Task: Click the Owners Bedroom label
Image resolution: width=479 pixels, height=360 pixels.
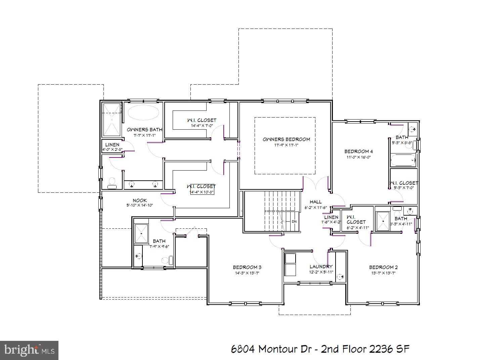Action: pos(286,139)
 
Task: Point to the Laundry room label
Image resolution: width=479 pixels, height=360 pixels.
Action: pos(321,267)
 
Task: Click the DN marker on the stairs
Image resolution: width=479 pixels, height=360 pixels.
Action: pos(294,222)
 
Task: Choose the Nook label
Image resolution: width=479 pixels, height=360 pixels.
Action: pos(140,200)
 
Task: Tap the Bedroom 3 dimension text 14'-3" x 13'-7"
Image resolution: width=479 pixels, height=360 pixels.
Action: pos(247,273)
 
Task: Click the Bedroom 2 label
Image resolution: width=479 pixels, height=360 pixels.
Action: pos(383,267)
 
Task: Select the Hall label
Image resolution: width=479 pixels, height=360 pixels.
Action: pos(315,202)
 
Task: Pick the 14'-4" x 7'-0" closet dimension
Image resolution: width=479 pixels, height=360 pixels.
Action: pos(202,126)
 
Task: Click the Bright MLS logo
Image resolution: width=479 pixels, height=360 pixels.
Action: pos(29,350)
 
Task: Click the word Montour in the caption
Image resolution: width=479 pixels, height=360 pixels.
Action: pos(277,349)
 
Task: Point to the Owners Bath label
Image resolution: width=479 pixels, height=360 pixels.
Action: pos(144,130)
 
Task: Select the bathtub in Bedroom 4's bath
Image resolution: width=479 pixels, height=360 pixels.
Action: pos(403,160)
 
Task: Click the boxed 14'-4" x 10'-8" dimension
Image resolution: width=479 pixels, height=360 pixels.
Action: pos(202,192)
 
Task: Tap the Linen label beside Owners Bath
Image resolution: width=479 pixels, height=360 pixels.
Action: pos(112,145)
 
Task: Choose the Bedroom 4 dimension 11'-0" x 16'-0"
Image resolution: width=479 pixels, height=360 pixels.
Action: pos(358,157)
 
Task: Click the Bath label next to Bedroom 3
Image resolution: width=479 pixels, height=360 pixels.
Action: pos(159,241)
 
